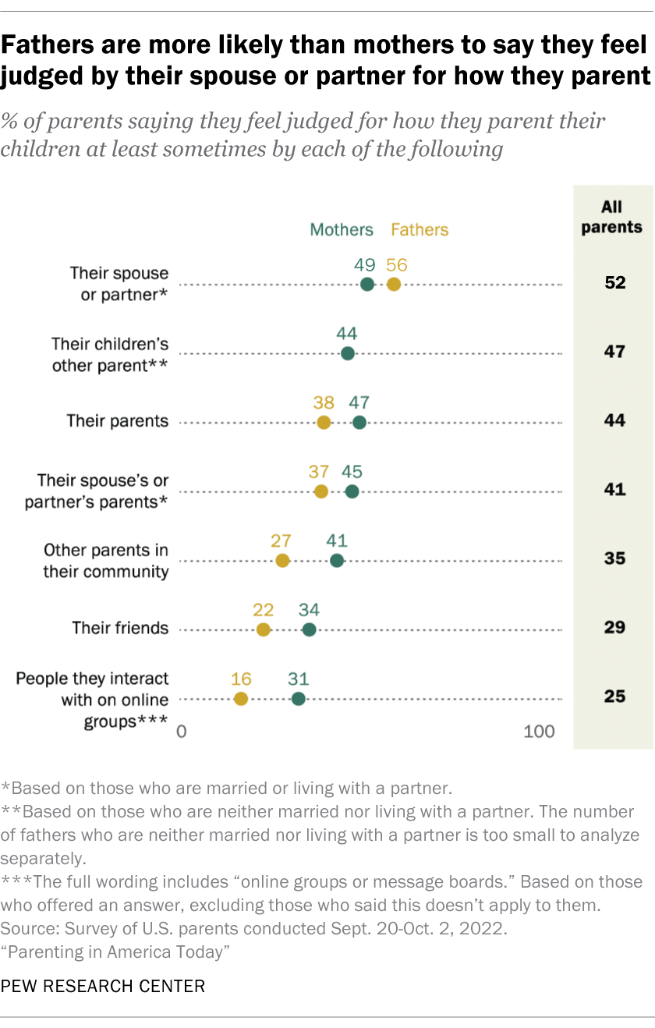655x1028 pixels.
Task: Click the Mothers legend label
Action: (342, 229)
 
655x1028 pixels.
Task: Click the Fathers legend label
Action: (420, 229)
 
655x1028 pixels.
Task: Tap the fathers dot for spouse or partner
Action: (394, 285)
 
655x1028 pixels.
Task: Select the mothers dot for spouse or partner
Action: (367, 285)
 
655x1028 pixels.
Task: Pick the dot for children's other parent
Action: (348, 353)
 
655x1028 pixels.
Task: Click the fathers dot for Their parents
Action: (324, 422)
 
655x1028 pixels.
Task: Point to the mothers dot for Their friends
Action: (310, 629)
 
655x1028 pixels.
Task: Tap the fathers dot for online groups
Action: (241, 699)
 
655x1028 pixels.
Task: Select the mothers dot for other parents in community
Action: (337, 560)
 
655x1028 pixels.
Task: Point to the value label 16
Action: (241, 679)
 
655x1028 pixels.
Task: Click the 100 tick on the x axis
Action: (540, 732)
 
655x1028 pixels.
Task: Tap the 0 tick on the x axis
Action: (181, 732)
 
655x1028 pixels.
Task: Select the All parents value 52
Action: (614, 282)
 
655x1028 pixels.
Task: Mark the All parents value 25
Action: (614, 696)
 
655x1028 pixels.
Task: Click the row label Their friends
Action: (120, 628)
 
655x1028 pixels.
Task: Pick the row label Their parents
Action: (118, 421)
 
